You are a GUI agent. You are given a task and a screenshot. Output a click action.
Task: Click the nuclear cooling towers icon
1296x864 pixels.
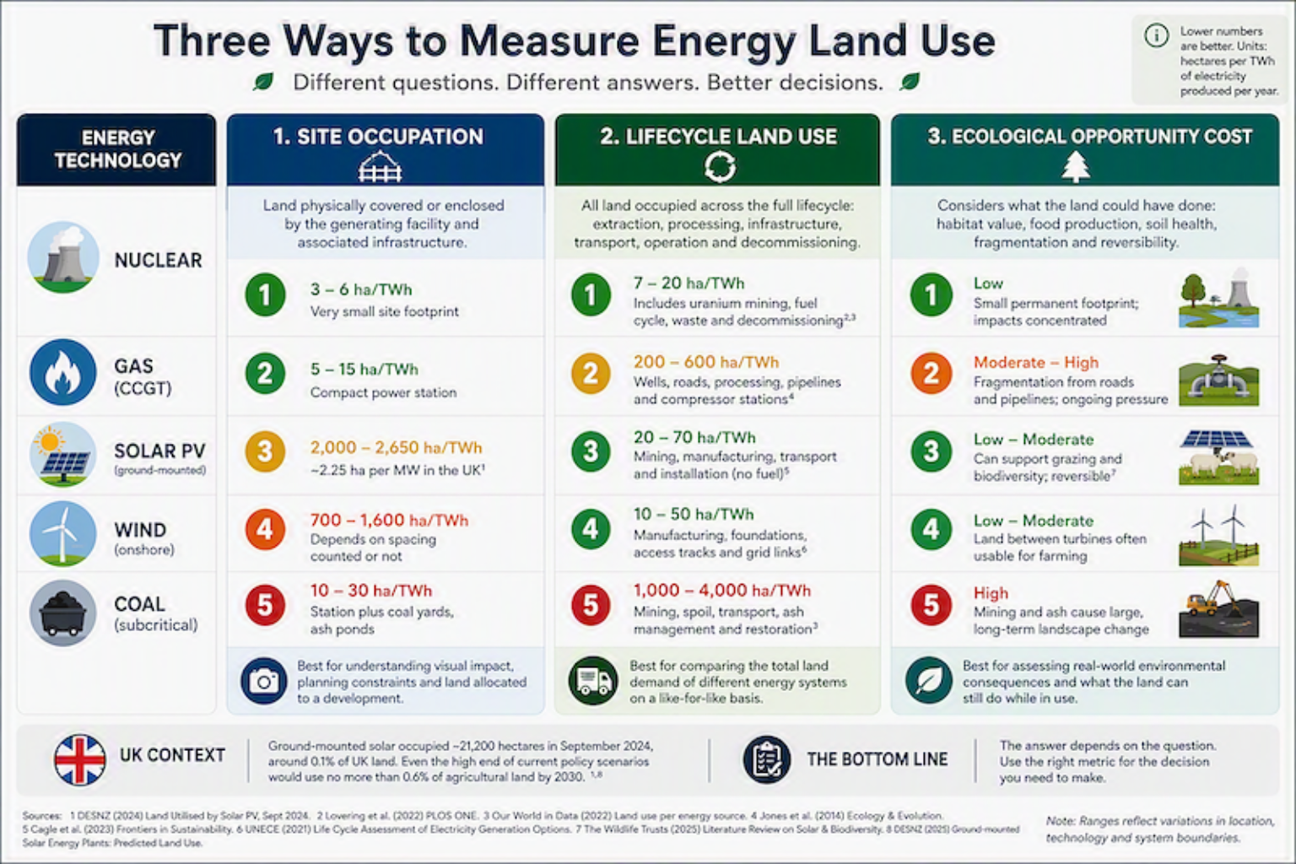click(63, 257)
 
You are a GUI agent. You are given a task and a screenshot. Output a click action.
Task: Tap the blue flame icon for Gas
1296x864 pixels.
click(63, 372)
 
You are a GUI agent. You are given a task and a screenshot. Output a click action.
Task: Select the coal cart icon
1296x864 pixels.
click(63, 613)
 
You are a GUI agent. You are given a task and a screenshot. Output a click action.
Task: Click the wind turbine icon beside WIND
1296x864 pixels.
click(63, 533)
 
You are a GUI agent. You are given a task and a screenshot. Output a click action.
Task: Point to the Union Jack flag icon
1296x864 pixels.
click(80, 760)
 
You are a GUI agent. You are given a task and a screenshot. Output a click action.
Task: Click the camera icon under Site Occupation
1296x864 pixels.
click(264, 681)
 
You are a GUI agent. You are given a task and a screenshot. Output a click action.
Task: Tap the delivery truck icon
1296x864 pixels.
click(593, 681)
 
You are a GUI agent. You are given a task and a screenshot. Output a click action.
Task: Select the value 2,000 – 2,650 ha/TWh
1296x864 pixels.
click(396, 447)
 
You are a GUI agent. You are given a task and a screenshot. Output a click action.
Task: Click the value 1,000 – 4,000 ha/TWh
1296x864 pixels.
click(722, 591)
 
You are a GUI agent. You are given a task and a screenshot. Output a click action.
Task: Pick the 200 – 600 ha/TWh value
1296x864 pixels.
click(706, 362)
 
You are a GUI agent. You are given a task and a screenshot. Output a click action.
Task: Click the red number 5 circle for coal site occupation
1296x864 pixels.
click(265, 605)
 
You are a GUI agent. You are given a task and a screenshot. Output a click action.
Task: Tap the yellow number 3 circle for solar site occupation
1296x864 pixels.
click(265, 451)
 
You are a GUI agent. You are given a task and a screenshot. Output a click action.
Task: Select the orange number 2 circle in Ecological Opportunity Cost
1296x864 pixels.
click(931, 373)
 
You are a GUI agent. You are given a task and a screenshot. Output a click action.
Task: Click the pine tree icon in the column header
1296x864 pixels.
click(1076, 167)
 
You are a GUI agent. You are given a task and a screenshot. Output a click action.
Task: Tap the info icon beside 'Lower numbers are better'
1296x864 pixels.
click(1156, 35)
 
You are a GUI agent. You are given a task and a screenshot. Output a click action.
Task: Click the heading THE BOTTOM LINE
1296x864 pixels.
click(877, 759)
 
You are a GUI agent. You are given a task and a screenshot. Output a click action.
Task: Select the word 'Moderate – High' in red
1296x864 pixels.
click(1035, 363)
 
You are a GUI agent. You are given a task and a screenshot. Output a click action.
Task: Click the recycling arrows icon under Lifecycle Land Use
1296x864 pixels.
click(720, 167)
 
